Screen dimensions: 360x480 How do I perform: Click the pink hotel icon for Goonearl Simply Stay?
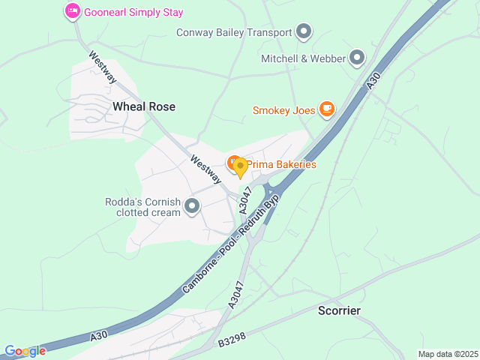73,12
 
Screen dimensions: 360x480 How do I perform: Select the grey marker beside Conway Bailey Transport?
304,31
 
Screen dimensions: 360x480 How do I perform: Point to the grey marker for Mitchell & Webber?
357,58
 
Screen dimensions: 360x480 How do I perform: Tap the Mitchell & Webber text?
303,58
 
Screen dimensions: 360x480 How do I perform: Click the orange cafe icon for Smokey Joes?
326,110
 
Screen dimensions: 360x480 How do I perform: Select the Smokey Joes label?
283,111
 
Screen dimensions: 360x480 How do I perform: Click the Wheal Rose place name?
144,106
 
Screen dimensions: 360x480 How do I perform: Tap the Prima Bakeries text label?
282,164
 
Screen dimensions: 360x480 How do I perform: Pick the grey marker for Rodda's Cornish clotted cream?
192,206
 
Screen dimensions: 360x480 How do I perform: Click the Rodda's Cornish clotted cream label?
143,207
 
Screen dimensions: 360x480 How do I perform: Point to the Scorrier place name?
339,310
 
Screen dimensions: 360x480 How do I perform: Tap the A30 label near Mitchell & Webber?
373,82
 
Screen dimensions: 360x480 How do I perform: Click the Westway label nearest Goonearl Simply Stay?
102,66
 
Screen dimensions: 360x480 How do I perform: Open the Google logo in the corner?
25,351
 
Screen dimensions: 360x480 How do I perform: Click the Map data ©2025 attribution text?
447,354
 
